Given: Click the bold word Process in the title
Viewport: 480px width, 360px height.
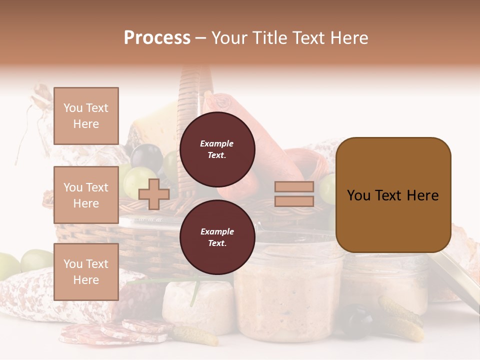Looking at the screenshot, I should [x=157, y=37].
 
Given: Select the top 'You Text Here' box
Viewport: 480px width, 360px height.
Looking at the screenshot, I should [x=86, y=116].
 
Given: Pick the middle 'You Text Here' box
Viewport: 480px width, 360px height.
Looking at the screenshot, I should [x=86, y=195].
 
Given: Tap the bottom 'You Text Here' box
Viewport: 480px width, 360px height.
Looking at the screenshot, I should [x=86, y=271].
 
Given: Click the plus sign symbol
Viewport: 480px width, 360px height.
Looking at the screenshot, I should [x=154, y=194].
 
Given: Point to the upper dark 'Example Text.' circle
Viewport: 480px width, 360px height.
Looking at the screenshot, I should [x=217, y=149].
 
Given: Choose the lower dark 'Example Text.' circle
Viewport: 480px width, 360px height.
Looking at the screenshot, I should [x=217, y=237].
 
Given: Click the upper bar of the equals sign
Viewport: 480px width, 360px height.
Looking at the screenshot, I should [x=294, y=186].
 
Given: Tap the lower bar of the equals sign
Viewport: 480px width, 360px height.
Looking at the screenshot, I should [x=294, y=201].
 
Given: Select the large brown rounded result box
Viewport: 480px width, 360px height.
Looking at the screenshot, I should [x=393, y=194].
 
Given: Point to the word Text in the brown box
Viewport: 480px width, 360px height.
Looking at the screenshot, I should [x=393, y=195].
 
